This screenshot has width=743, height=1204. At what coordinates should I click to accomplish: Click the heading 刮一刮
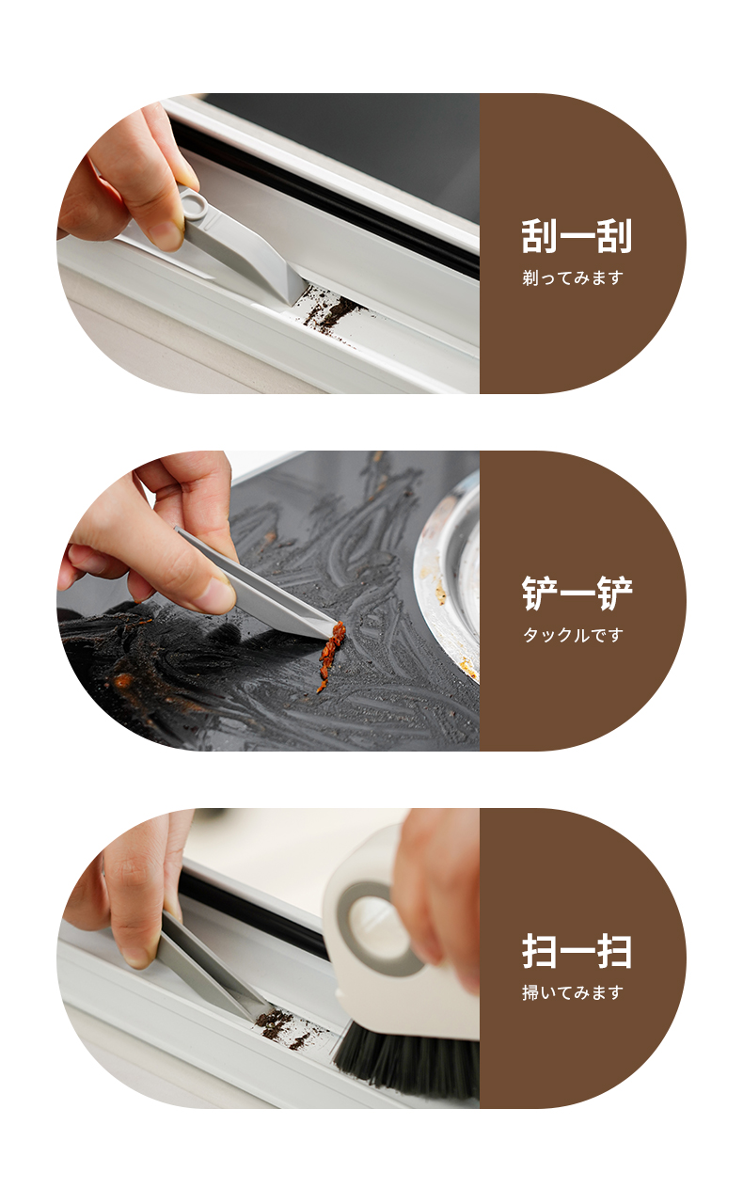coord(577,235)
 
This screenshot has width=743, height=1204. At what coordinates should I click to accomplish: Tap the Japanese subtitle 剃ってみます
coord(572,277)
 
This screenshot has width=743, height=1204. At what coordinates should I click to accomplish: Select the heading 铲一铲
coord(577,594)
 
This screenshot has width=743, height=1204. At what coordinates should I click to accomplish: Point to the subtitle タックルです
coord(573,635)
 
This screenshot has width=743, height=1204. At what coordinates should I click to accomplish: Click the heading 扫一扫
coord(577,951)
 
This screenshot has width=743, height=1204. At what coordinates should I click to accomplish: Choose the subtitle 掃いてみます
coord(572,992)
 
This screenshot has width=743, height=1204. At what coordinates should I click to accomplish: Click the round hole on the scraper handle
coord(193,202)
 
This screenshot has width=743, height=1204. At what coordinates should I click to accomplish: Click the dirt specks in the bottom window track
coord(285,1026)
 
